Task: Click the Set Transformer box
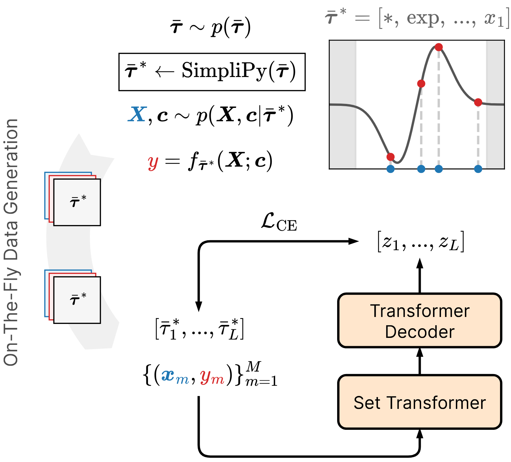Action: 419,402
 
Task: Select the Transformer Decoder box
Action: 419,321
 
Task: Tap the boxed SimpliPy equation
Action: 212,72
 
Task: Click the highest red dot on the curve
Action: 439,47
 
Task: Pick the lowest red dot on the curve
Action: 391,157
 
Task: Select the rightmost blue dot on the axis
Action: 478,169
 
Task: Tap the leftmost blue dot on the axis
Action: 391,169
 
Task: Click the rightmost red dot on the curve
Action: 478,102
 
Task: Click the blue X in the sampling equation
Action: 137,115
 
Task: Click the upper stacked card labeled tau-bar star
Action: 77,202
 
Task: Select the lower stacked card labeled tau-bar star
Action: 77,300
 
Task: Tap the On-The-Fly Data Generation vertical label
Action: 11,242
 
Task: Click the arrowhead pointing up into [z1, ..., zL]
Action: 420,263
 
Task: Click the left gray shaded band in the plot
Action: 343,105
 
